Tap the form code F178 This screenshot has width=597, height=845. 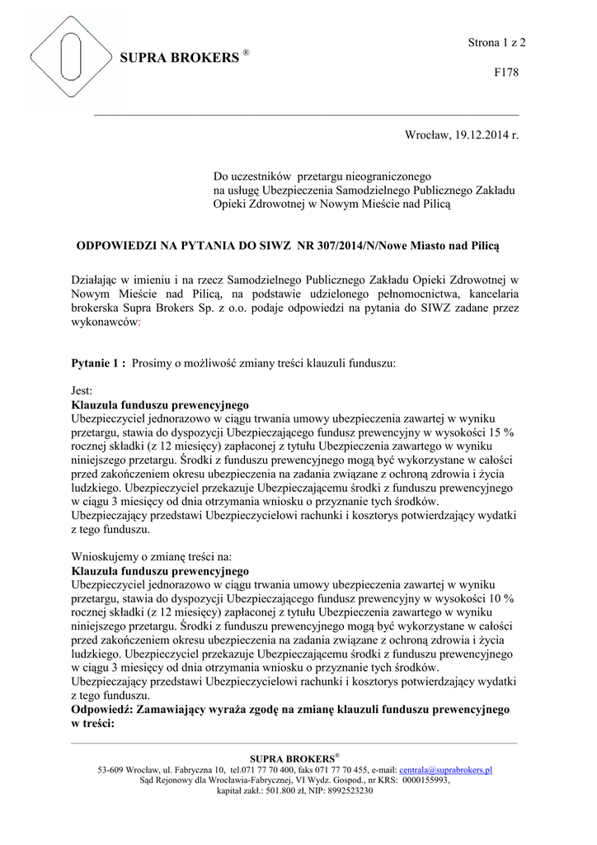505,73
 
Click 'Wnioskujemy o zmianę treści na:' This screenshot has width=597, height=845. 152,555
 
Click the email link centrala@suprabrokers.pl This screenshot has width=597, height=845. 445,770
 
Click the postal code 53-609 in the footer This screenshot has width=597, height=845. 110,770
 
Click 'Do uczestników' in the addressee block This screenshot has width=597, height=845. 250,176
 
